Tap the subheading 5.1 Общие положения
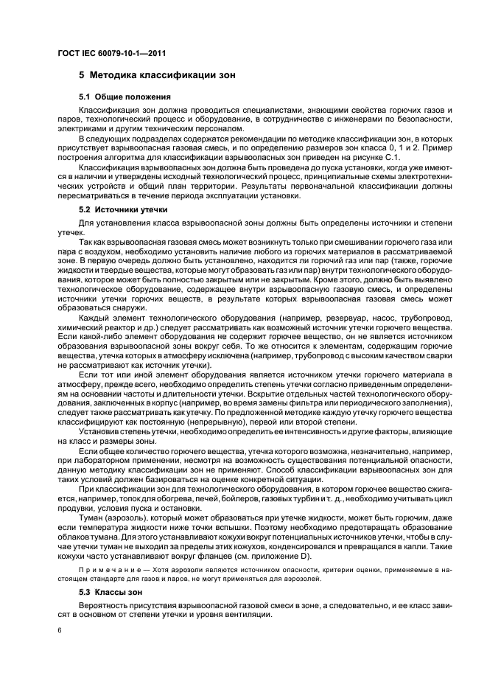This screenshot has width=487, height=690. (125, 97)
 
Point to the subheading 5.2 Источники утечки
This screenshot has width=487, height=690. (124, 210)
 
